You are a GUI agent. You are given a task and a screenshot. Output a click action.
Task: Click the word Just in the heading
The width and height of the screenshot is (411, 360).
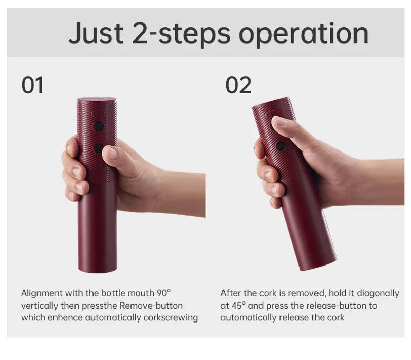96,34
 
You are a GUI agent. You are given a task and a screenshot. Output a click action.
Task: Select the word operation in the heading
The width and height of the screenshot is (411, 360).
304,34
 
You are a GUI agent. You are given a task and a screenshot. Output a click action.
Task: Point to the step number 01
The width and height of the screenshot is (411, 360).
32,85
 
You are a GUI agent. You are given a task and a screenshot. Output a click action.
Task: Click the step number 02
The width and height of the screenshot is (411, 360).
238,85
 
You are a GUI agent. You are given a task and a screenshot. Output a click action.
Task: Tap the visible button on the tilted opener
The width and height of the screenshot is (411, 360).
281,146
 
